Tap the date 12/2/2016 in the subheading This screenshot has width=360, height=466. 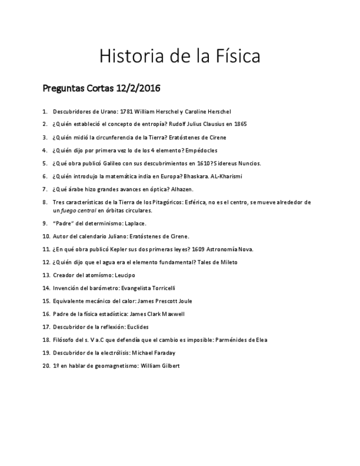tap(139, 88)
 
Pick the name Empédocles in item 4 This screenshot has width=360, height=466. tap(201, 150)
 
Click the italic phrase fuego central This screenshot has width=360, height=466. tap(78, 210)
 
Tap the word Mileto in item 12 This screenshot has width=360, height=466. tap(229, 262)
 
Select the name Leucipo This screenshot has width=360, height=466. tap(125, 275)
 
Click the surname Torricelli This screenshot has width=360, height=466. tap(162, 288)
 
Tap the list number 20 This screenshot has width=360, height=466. tap(46, 365)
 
